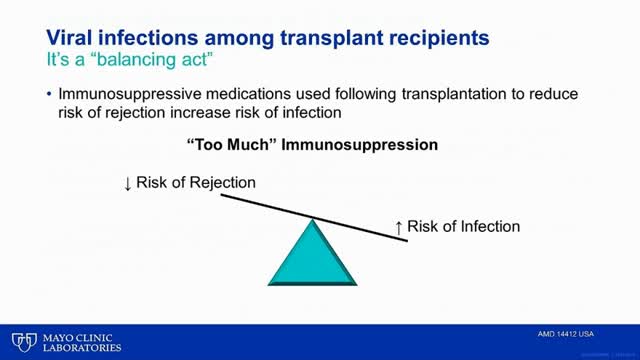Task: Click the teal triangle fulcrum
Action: coord(313,255)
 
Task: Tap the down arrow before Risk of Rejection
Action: coord(127,183)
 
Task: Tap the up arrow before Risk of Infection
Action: coord(399,227)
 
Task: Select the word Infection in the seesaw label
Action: coord(485,226)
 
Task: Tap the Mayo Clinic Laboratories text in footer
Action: coord(80,341)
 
